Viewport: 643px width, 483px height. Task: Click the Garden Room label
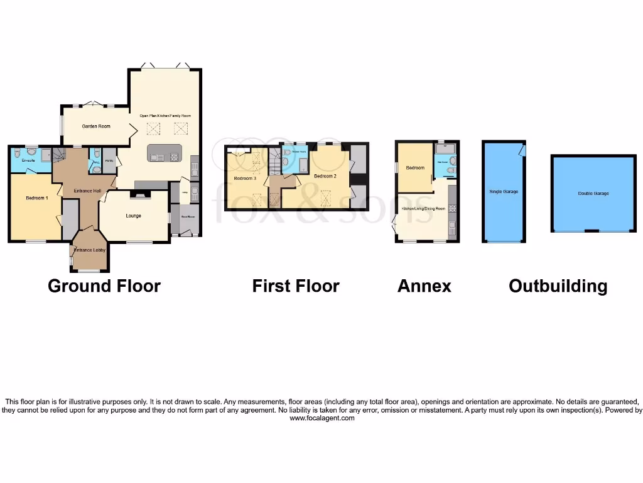pyautogui.click(x=96, y=126)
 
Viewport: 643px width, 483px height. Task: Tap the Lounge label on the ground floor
pyautogui.click(x=133, y=216)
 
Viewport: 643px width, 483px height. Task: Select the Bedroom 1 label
pyautogui.click(x=36, y=198)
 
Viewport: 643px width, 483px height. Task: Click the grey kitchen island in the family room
pyautogui.click(x=165, y=153)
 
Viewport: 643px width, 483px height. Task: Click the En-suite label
pyautogui.click(x=28, y=161)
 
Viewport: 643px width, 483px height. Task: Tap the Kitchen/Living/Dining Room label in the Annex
pyautogui.click(x=423, y=208)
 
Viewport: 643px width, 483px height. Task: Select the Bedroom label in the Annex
pyautogui.click(x=415, y=168)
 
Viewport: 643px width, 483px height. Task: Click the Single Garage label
pyautogui.click(x=504, y=191)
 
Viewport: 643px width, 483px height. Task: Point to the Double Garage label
pyautogui.click(x=593, y=194)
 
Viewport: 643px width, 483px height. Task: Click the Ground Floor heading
pyautogui.click(x=104, y=287)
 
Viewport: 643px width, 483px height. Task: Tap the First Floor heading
pyautogui.click(x=296, y=287)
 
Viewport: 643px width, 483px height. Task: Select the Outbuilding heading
pyautogui.click(x=558, y=287)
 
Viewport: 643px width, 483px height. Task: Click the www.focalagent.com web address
pyautogui.click(x=321, y=418)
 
